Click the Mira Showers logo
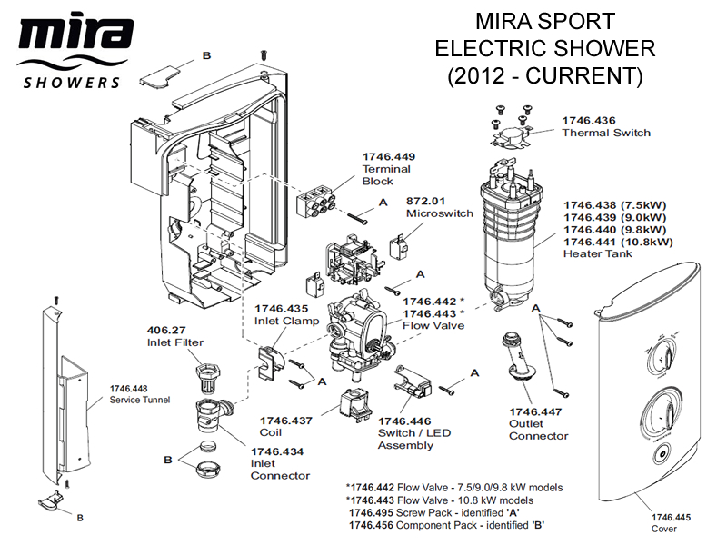tap(72, 53)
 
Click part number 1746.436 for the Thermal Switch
tap(589, 120)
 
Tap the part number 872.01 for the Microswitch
tap(425, 201)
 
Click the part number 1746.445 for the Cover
tap(671, 518)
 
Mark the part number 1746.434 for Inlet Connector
tap(277, 451)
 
